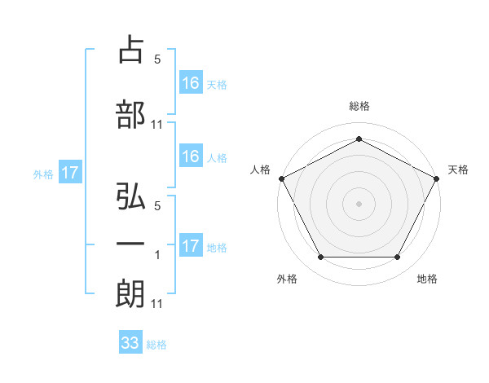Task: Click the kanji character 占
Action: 130,50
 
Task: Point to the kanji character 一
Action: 130,244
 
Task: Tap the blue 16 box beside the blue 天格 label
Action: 190,82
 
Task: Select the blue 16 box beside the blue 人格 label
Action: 190,156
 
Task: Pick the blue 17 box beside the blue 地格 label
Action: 190,245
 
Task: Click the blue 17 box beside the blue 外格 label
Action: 70,173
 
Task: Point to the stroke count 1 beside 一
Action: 157,256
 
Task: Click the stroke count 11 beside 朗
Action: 157,304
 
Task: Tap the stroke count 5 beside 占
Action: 157,59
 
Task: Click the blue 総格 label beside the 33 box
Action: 157,345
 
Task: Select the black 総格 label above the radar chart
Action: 359,106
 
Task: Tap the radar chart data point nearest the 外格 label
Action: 320,258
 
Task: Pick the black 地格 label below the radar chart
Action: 427,280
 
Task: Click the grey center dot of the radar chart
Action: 359,203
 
